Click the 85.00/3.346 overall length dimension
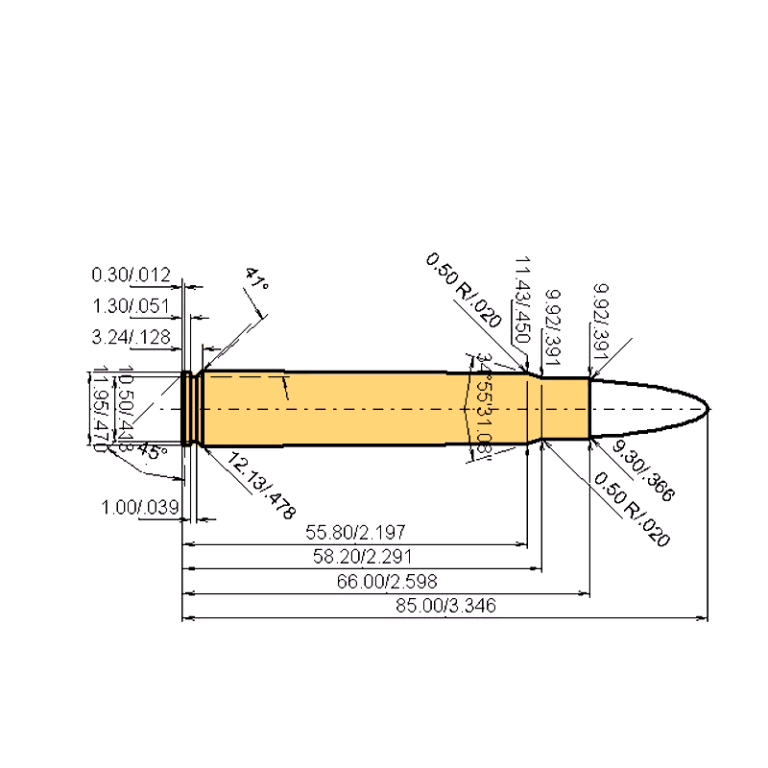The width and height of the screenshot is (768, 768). point(444,606)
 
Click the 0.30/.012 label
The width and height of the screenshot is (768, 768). point(131,276)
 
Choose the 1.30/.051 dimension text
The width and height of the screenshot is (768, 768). point(131,307)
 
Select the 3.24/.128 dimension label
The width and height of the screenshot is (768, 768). point(131,338)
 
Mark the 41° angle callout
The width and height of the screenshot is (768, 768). point(255,280)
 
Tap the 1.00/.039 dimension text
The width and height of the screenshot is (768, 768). point(141,507)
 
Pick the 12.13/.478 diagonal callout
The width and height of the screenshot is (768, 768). point(260,485)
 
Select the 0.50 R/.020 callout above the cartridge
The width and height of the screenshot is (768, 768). point(465,292)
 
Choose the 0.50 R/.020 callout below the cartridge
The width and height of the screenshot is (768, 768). point(631,509)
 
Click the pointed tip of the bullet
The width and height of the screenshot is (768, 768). point(710,409)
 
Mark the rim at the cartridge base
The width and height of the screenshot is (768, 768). point(186,409)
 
